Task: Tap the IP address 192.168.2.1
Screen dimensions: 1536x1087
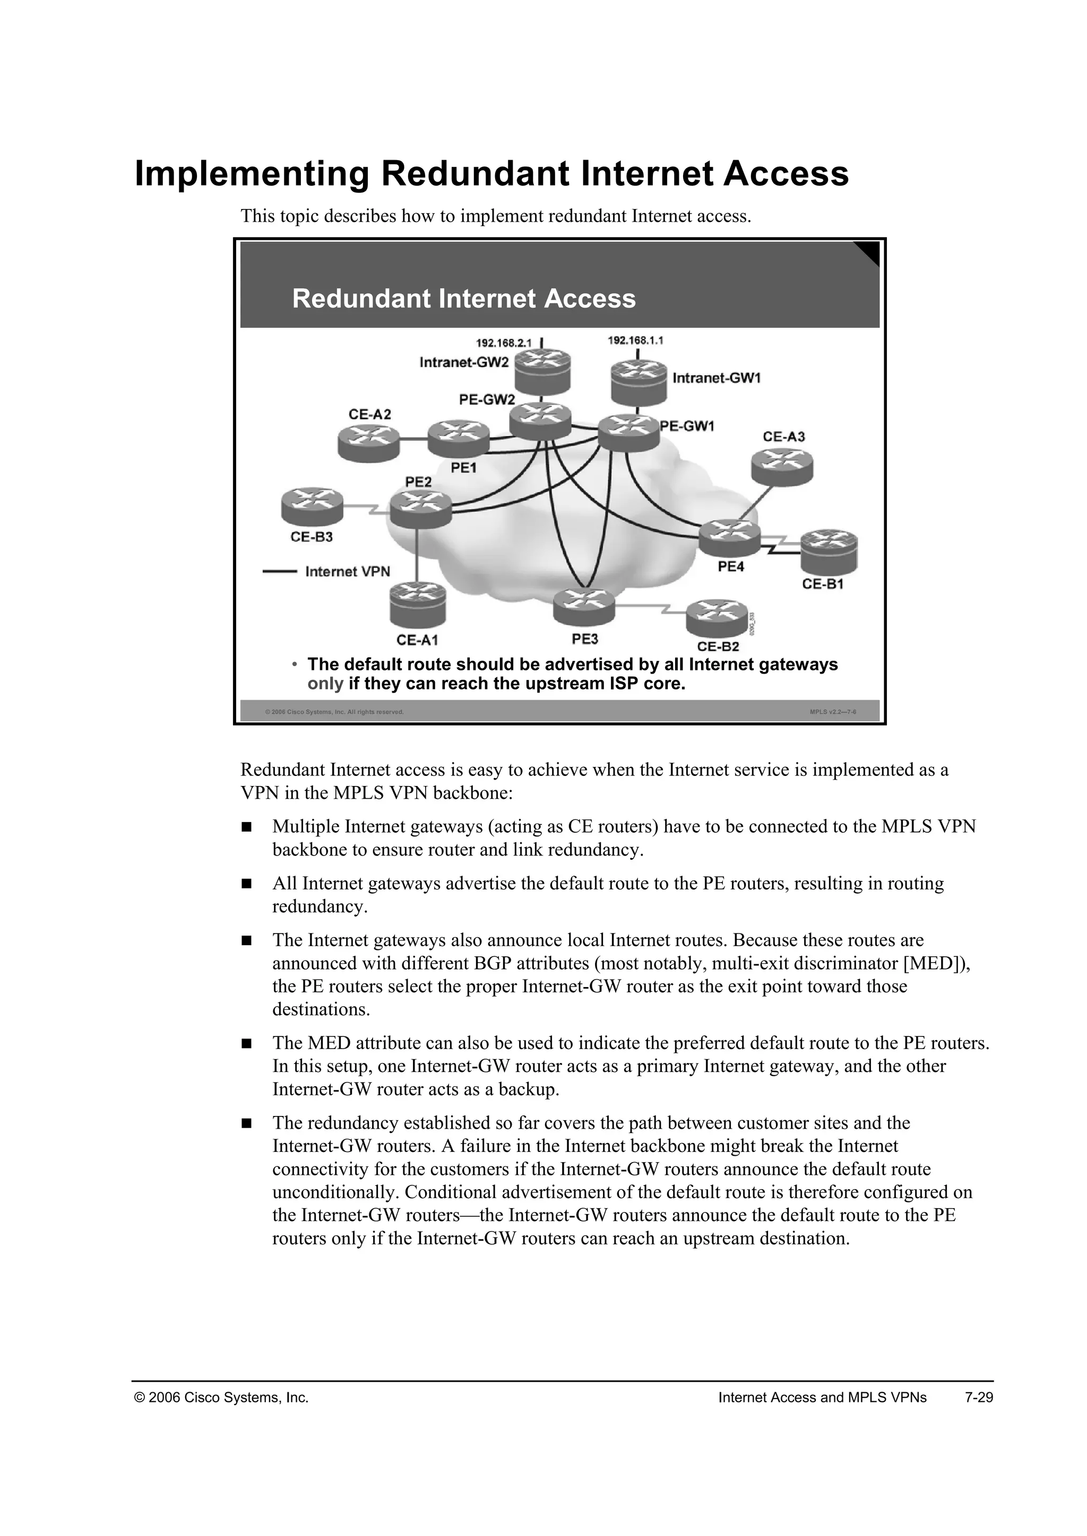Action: point(503,343)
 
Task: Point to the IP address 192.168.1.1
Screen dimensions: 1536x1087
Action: point(635,340)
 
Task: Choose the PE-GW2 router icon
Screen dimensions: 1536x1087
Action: point(540,422)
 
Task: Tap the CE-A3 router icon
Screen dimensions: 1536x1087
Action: point(781,466)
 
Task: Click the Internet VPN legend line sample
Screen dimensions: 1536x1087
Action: point(279,571)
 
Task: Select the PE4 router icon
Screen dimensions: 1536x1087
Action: point(730,538)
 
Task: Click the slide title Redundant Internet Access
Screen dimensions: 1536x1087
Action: point(463,299)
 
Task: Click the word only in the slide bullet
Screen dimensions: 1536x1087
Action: point(325,684)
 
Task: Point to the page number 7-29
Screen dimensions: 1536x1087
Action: point(979,1397)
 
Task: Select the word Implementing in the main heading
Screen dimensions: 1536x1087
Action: point(252,174)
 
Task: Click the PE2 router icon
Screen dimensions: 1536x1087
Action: point(420,509)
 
